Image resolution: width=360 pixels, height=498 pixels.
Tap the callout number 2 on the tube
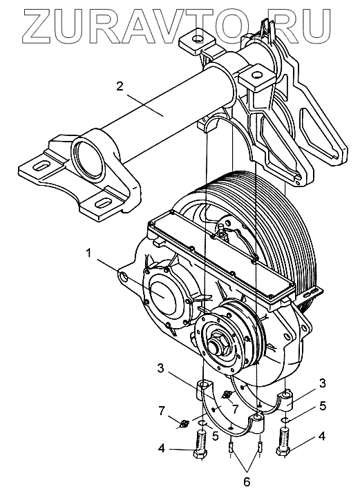[x=119, y=86]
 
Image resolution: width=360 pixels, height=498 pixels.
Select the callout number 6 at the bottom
[x=247, y=481]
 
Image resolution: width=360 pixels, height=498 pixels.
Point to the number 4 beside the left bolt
[x=162, y=449]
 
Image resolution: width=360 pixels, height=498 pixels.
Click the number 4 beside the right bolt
[x=321, y=437]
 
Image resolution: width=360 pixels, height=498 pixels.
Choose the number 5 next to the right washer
[x=323, y=406]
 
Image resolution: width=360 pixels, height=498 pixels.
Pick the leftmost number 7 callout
[x=162, y=411]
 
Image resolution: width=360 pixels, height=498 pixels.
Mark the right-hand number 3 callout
[x=322, y=383]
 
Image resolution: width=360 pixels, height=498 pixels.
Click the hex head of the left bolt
[x=200, y=454]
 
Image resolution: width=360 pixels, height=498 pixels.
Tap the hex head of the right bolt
[x=283, y=450]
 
